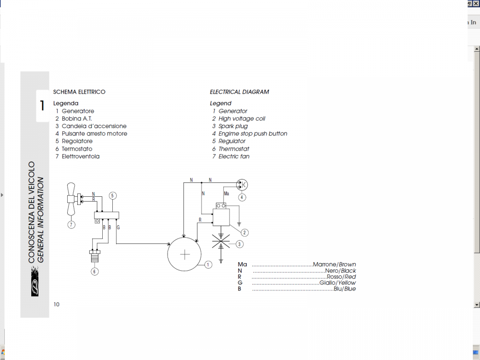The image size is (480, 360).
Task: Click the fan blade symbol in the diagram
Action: (x=72, y=198)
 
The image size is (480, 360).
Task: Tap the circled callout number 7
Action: (x=71, y=224)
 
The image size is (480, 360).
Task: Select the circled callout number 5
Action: (x=112, y=195)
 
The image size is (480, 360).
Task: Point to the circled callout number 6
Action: (x=95, y=272)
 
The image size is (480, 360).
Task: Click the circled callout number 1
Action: (x=208, y=264)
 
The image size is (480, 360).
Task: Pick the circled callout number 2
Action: (x=245, y=233)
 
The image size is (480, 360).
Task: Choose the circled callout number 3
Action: (x=240, y=244)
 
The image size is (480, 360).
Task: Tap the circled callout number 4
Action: (x=242, y=197)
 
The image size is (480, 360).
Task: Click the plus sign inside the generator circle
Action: (x=184, y=254)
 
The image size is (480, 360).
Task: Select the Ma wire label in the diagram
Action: (x=227, y=193)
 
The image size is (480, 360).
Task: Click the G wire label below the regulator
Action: (x=118, y=227)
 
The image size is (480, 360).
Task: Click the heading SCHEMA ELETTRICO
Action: (x=79, y=92)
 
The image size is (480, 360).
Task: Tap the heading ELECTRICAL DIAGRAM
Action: (x=239, y=92)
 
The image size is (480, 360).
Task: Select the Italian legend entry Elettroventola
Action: (x=80, y=156)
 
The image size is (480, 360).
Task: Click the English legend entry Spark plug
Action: (x=233, y=126)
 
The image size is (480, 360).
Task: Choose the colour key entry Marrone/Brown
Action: (x=334, y=264)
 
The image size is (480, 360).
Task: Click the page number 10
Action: (x=57, y=304)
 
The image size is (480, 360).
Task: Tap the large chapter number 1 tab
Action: (x=42, y=106)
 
